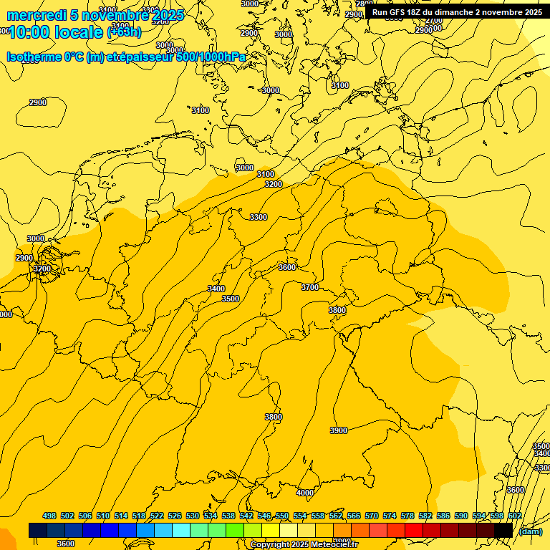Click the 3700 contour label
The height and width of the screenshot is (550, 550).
click(x=310, y=287)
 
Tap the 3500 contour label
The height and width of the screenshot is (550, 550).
click(x=231, y=299)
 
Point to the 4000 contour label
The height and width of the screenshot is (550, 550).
click(x=305, y=493)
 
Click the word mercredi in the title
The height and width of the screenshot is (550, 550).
click(x=37, y=15)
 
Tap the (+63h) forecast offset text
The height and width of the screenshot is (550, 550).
click(x=124, y=32)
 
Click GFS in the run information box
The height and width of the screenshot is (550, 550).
click(x=402, y=12)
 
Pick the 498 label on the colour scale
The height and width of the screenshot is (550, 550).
click(x=49, y=516)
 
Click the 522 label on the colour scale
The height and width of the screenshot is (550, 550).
click(x=157, y=516)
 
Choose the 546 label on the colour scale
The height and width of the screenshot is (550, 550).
click(x=264, y=516)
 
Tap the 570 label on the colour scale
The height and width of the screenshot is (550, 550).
click(x=372, y=516)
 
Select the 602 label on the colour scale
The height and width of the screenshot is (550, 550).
click(x=515, y=516)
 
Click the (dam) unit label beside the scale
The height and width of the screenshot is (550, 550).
click(x=531, y=531)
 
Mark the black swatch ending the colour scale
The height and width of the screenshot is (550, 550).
click(x=503, y=530)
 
